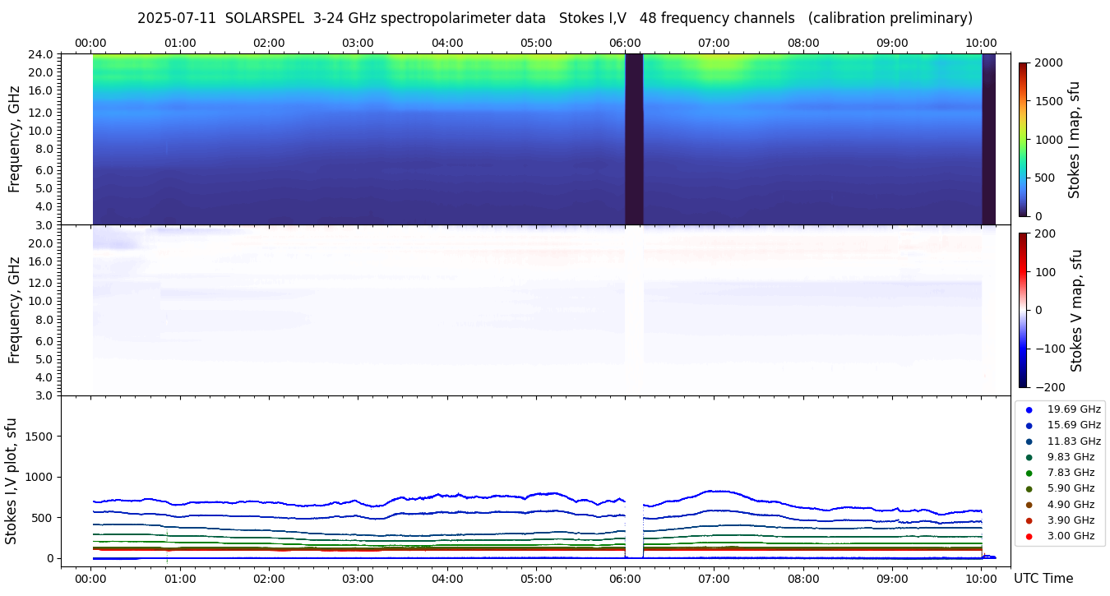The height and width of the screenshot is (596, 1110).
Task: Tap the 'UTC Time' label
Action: [1043, 578]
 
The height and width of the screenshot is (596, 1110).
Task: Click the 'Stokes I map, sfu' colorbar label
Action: [1074, 139]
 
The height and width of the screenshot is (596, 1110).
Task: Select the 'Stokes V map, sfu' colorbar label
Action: [1076, 310]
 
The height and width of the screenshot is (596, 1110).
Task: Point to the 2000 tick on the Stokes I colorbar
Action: [1048, 62]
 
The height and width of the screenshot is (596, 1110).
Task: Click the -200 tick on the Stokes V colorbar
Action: [1051, 387]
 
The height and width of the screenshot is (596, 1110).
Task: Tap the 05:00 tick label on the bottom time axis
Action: [536, 578]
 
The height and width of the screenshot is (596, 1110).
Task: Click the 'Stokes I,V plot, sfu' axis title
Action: [12, 480]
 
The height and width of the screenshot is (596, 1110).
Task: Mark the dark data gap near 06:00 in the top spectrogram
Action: [633, 139]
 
